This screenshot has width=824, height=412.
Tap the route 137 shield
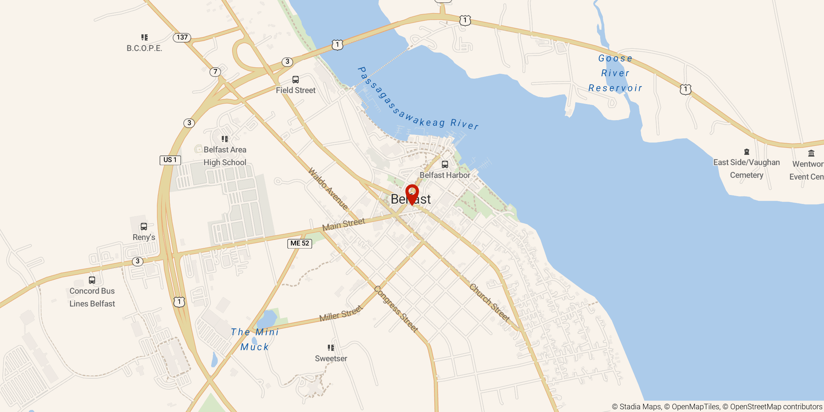(182, 37)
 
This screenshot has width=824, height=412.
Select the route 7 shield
(215, 72)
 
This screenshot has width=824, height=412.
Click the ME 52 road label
(300, 243)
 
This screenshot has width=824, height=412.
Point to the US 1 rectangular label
(170, 160)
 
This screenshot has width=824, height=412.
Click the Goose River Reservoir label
(615, 73)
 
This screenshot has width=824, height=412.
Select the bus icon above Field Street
(295, 80)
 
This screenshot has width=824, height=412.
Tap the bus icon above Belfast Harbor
(445, 164)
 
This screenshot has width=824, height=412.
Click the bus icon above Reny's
(144, 227)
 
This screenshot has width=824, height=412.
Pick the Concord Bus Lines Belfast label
(92, 297)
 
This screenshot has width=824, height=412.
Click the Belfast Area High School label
(225, 156)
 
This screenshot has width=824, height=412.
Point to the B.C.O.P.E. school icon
(145, 37)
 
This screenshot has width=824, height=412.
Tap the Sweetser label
(331, 358)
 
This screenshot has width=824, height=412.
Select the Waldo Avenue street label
(328, 188)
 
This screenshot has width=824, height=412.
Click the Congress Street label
(396, 309)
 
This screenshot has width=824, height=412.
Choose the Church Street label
(490, 302)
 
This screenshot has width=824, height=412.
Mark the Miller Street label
(341, 313)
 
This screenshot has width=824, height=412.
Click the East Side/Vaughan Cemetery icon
(746, 152)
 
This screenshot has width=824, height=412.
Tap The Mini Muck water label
(254, 340)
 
